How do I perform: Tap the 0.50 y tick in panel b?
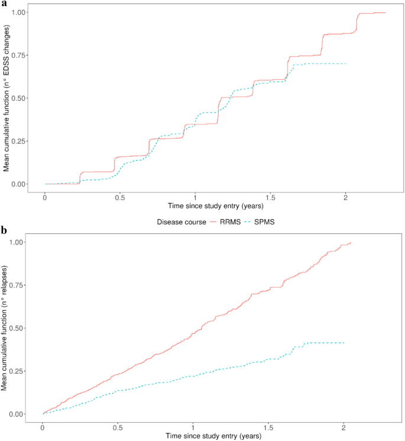(17, 328)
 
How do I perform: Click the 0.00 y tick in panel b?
(17, 414)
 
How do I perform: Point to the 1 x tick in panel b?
(193, 426)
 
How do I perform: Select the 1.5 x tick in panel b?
(268, 426)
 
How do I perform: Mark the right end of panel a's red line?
(385, 12)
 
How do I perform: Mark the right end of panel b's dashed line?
(344, 343)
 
